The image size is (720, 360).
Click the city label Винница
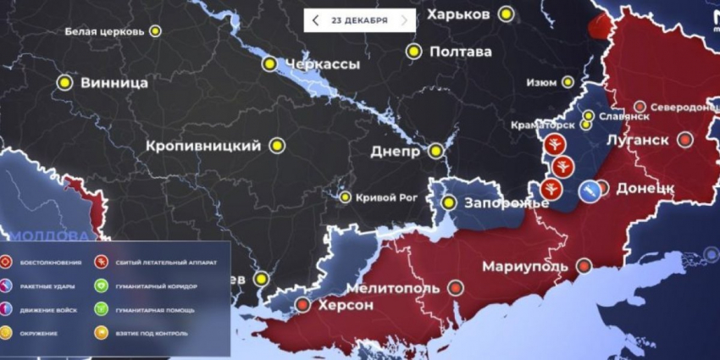pyautogui.click(x=114, y=83)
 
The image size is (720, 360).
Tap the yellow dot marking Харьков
pyautogui.click(x=507, y=14)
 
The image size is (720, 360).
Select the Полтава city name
pyautogui.click(x=460, y=52)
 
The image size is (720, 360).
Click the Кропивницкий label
pyautogui.click(x=203, y=146)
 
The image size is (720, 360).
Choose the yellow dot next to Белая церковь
pyautogui.click(x=155, y=31)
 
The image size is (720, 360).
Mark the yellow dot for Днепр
pyautogui.click(x=435, y=152)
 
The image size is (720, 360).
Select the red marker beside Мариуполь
pyautogui.click(x=584, y=267)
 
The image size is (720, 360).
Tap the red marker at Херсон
pyautogui.click(x=302, y=305)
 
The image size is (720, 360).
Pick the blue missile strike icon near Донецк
pyautogui.click(x=586, y=192)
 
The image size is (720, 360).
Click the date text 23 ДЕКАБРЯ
pyautogui.click(x=359, y=20)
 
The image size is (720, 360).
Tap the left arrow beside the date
pyautogui.click(x=316, y=20)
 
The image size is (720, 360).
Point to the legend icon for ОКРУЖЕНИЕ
pyautogui.click(x=8, y=334)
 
